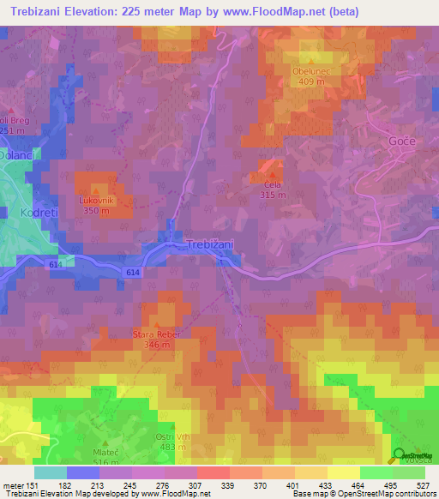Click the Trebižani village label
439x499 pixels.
click(210, 244)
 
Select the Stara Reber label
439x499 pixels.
click(153, 334)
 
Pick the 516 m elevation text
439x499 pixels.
click(106, 462)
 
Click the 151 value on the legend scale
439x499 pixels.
click(32, 484)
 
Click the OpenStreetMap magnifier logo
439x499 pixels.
click(399, 455)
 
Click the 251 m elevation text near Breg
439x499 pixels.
click(12, 131)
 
